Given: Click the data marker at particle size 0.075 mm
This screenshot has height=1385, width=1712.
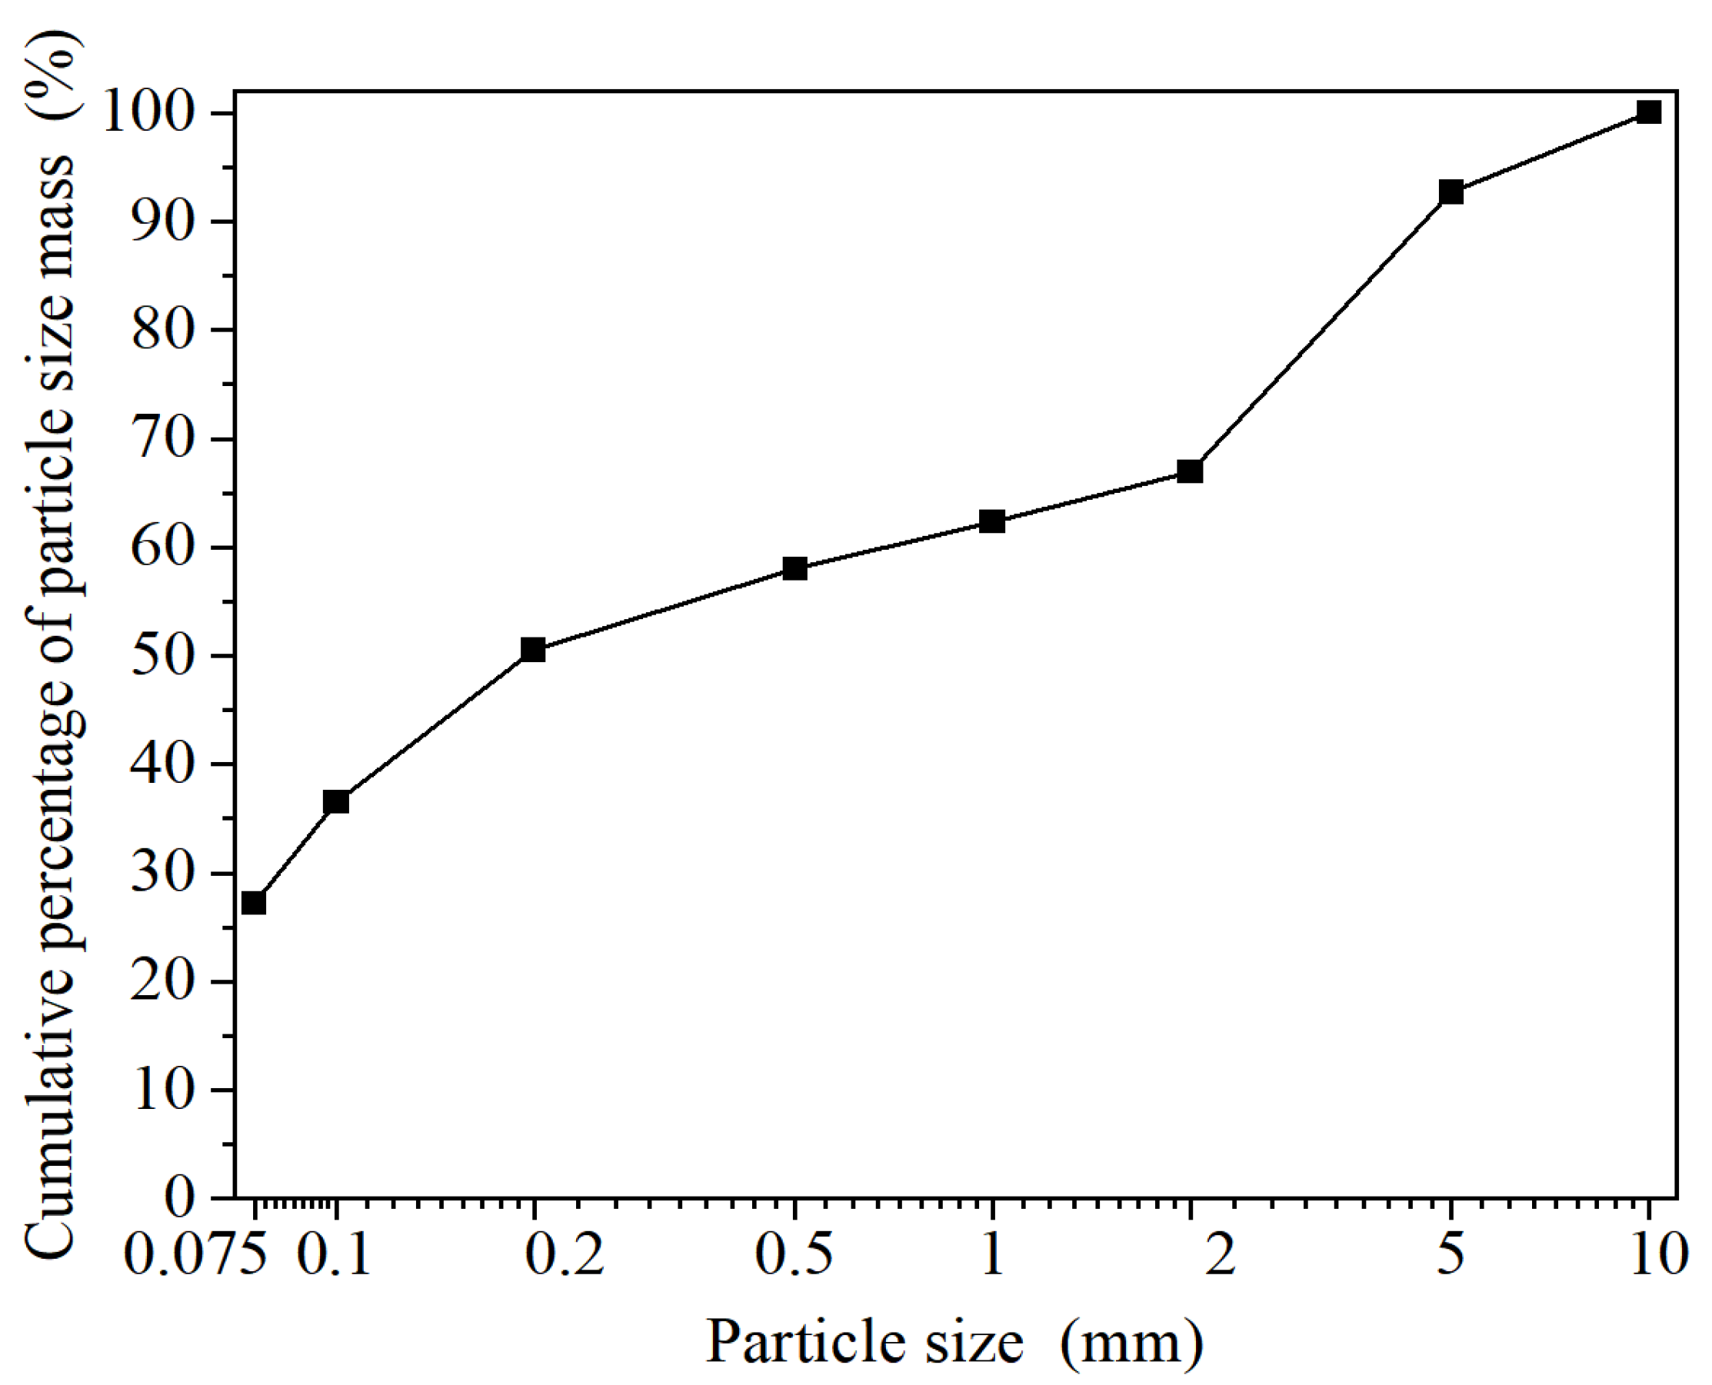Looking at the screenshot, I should (254, 903).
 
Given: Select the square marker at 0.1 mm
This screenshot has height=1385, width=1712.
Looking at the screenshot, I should (336, 801).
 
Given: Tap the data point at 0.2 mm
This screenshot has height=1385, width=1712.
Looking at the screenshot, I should (533, 649).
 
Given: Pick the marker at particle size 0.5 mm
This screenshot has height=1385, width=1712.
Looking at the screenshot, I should (794, 569).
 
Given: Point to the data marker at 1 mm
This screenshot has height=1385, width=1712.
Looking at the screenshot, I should (991, 521).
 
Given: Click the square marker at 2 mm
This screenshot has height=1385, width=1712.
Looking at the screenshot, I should (1191, 471).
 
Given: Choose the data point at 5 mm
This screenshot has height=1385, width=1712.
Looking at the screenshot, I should (1451, 192).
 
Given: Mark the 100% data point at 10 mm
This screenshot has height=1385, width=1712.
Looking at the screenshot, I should (1649, 112).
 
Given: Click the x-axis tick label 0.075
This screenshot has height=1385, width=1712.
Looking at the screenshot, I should (196, 1254).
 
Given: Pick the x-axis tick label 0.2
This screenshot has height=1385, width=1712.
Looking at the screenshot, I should (564, 1254).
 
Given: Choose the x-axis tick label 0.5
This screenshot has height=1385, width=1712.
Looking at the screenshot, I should (794, 1254).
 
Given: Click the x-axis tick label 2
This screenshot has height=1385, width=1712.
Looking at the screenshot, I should (1220, 1254).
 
